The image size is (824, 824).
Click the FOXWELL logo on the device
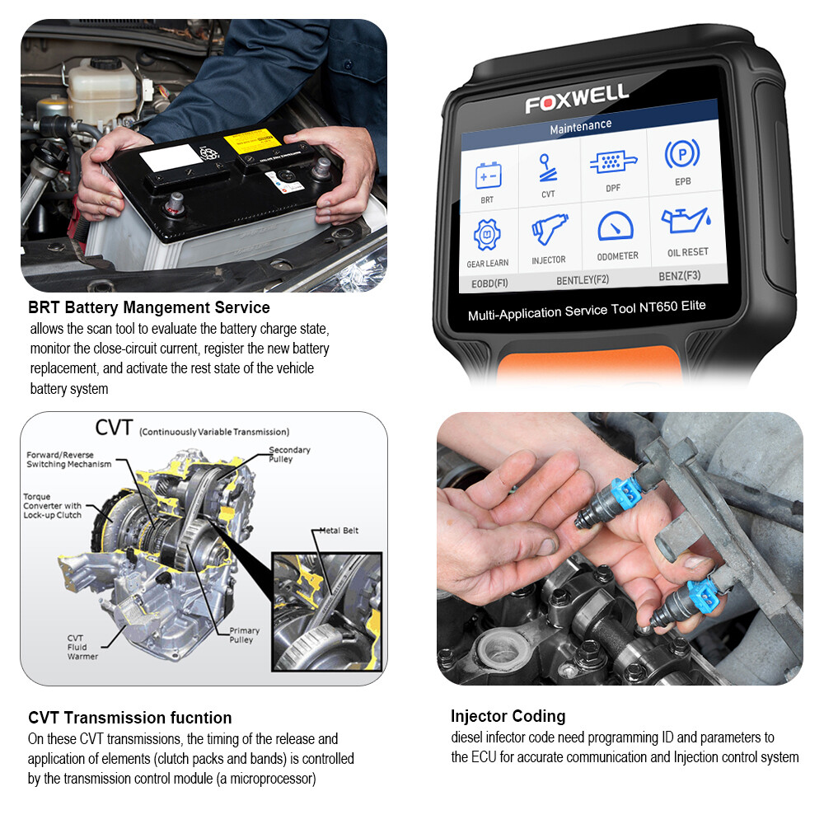click(x=577, y=98)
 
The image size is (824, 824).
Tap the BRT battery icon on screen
click(x=487, y=176)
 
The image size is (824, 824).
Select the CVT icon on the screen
click(x=547, y=170)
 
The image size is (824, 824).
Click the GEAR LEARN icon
click(x=487, y=237)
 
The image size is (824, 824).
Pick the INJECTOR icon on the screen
click(x=550, y=232)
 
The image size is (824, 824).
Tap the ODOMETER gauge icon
click(x=616, y=227)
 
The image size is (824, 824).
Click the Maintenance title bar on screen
click(x=581, y=125)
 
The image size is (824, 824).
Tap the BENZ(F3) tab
click(x=680, y=275)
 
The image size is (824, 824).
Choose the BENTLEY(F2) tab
click(x=583, y=279)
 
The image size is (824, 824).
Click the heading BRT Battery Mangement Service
click(x=149, y=308)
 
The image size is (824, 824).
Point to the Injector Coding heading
click(x=508, y=716)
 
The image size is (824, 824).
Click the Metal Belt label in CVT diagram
click(x=339, y=531)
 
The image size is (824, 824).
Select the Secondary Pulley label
click(x=289, y=454)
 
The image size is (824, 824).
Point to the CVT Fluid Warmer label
click(x=82, y=647)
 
